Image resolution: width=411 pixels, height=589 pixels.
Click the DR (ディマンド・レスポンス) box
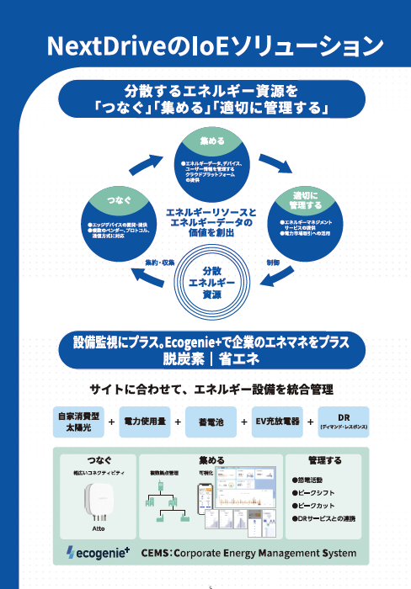343,422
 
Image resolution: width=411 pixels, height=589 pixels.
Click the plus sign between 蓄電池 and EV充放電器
243,422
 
